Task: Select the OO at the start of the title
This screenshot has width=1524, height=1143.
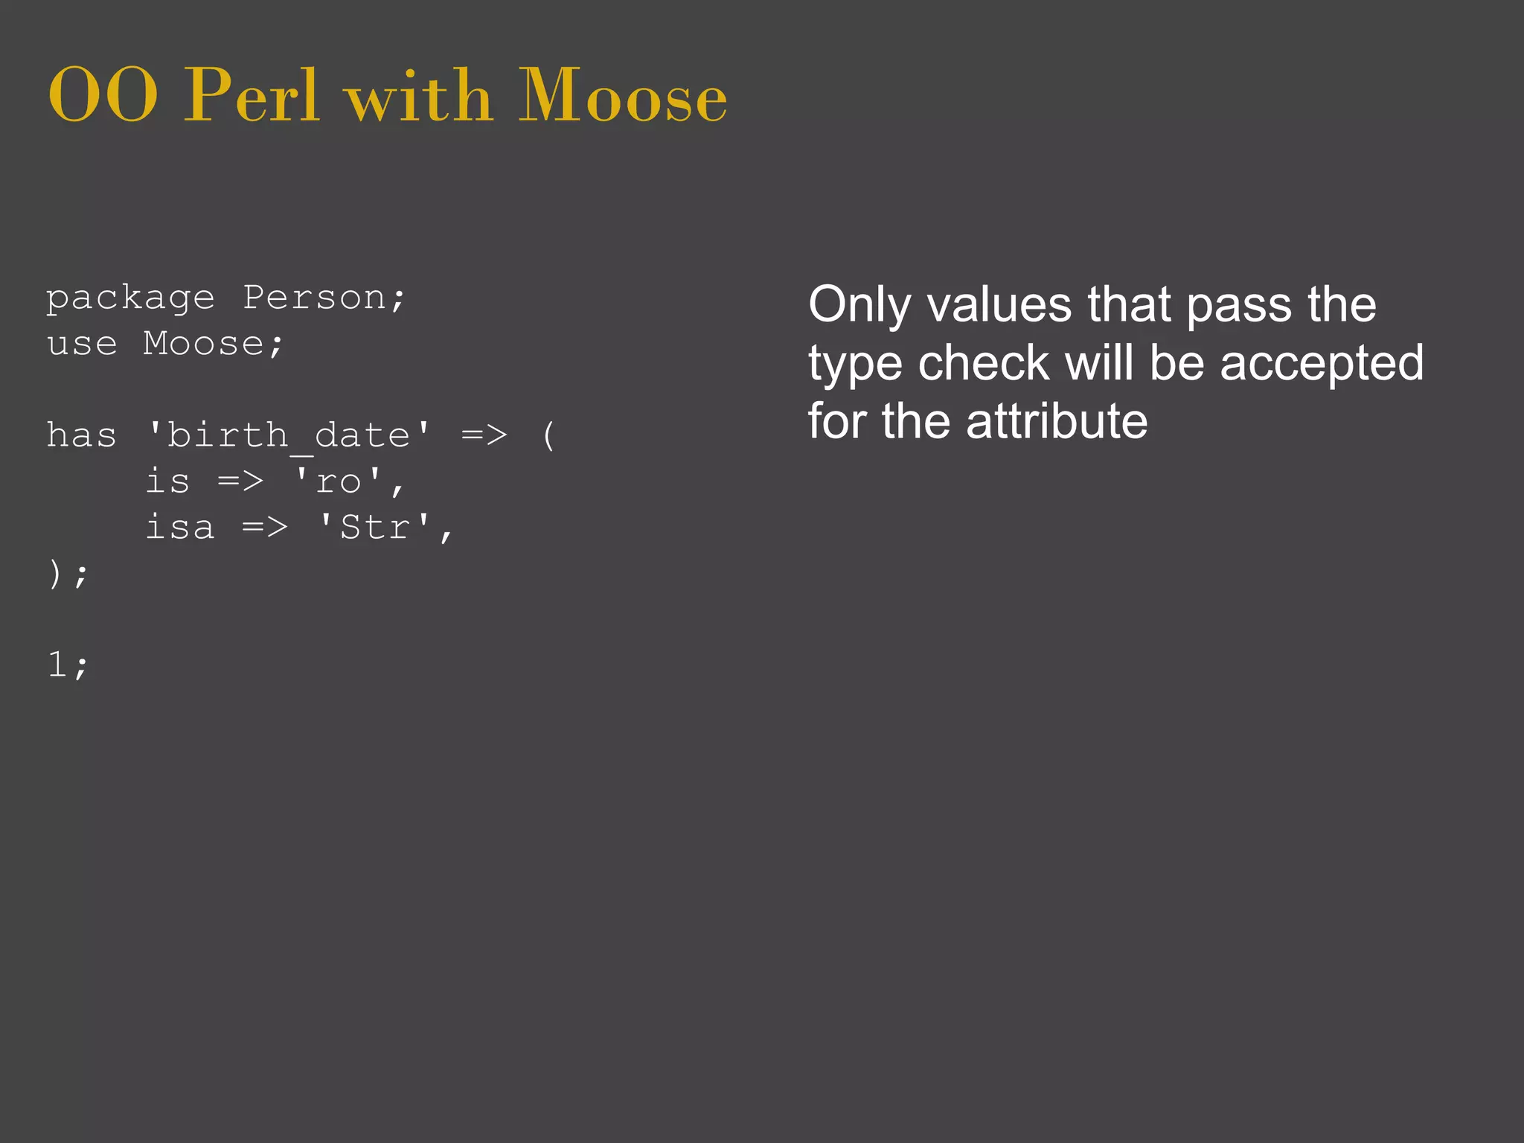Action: coord(103,97)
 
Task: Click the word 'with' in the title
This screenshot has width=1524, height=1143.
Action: coord(419,97)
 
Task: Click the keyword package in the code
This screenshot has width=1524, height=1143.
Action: coord(130,299)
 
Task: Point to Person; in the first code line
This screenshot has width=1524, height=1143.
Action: coord(324,299)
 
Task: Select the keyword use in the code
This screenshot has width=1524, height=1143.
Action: coord(82,345)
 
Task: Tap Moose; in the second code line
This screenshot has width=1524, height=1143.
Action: coord(213,345)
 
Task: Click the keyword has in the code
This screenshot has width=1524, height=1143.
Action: coord(81,436)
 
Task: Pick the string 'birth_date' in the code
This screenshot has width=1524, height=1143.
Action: coord(289,436)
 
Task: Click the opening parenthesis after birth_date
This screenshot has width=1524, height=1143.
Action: coord(548,436)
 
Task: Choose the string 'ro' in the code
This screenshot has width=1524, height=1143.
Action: coord(339,482)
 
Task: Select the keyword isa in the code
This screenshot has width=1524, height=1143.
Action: coord(179,528)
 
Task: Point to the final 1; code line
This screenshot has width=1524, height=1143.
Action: coord(67,665)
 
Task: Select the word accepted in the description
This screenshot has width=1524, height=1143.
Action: coord(1322,363)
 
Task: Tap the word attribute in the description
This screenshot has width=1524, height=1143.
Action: coord(1057,421)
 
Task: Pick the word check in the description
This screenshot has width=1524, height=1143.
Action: coord(984,363)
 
